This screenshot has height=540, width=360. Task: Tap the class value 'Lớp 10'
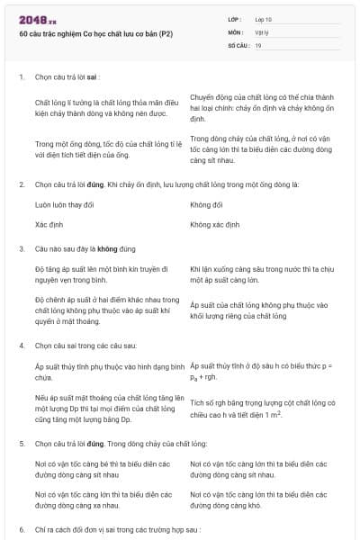pos(263,19)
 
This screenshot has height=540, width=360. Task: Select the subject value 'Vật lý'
pos(260,31)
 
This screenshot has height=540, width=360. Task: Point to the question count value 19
pos(258,44)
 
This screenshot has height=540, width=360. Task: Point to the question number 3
pos(21,247)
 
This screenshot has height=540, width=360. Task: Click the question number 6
pos(21,530)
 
